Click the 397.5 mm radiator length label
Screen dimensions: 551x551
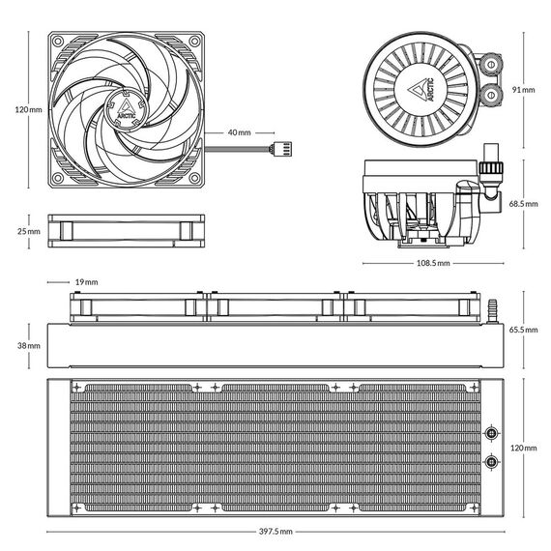click(275, 532)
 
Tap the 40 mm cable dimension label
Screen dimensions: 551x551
click(240, 132)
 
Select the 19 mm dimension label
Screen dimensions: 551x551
click(86, 282)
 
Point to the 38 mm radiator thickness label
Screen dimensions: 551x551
click(29, 346)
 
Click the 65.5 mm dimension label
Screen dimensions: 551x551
click(523, 330)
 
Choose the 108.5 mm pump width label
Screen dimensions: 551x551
click(433, 263)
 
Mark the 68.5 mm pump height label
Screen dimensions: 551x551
click(523, 204)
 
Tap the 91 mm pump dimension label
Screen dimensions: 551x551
click(523, 90)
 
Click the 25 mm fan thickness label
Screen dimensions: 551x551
click(29, 232)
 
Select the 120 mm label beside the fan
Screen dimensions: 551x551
click(28, 109)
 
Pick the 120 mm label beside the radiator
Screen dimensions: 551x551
click(524, 448)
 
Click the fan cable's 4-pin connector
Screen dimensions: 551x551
click(283, 149)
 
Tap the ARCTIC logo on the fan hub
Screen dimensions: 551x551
click(127, 109)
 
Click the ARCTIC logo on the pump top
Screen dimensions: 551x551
click(421, 89)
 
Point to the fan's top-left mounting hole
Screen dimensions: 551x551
click(58, 42)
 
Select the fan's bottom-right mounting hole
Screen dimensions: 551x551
click(194, 178)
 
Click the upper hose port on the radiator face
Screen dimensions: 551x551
click(491, 433)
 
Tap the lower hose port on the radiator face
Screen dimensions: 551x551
click(491, 462)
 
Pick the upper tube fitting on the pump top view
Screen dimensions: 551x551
click(491, 65)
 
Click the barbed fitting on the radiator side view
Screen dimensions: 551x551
click(492, 311)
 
